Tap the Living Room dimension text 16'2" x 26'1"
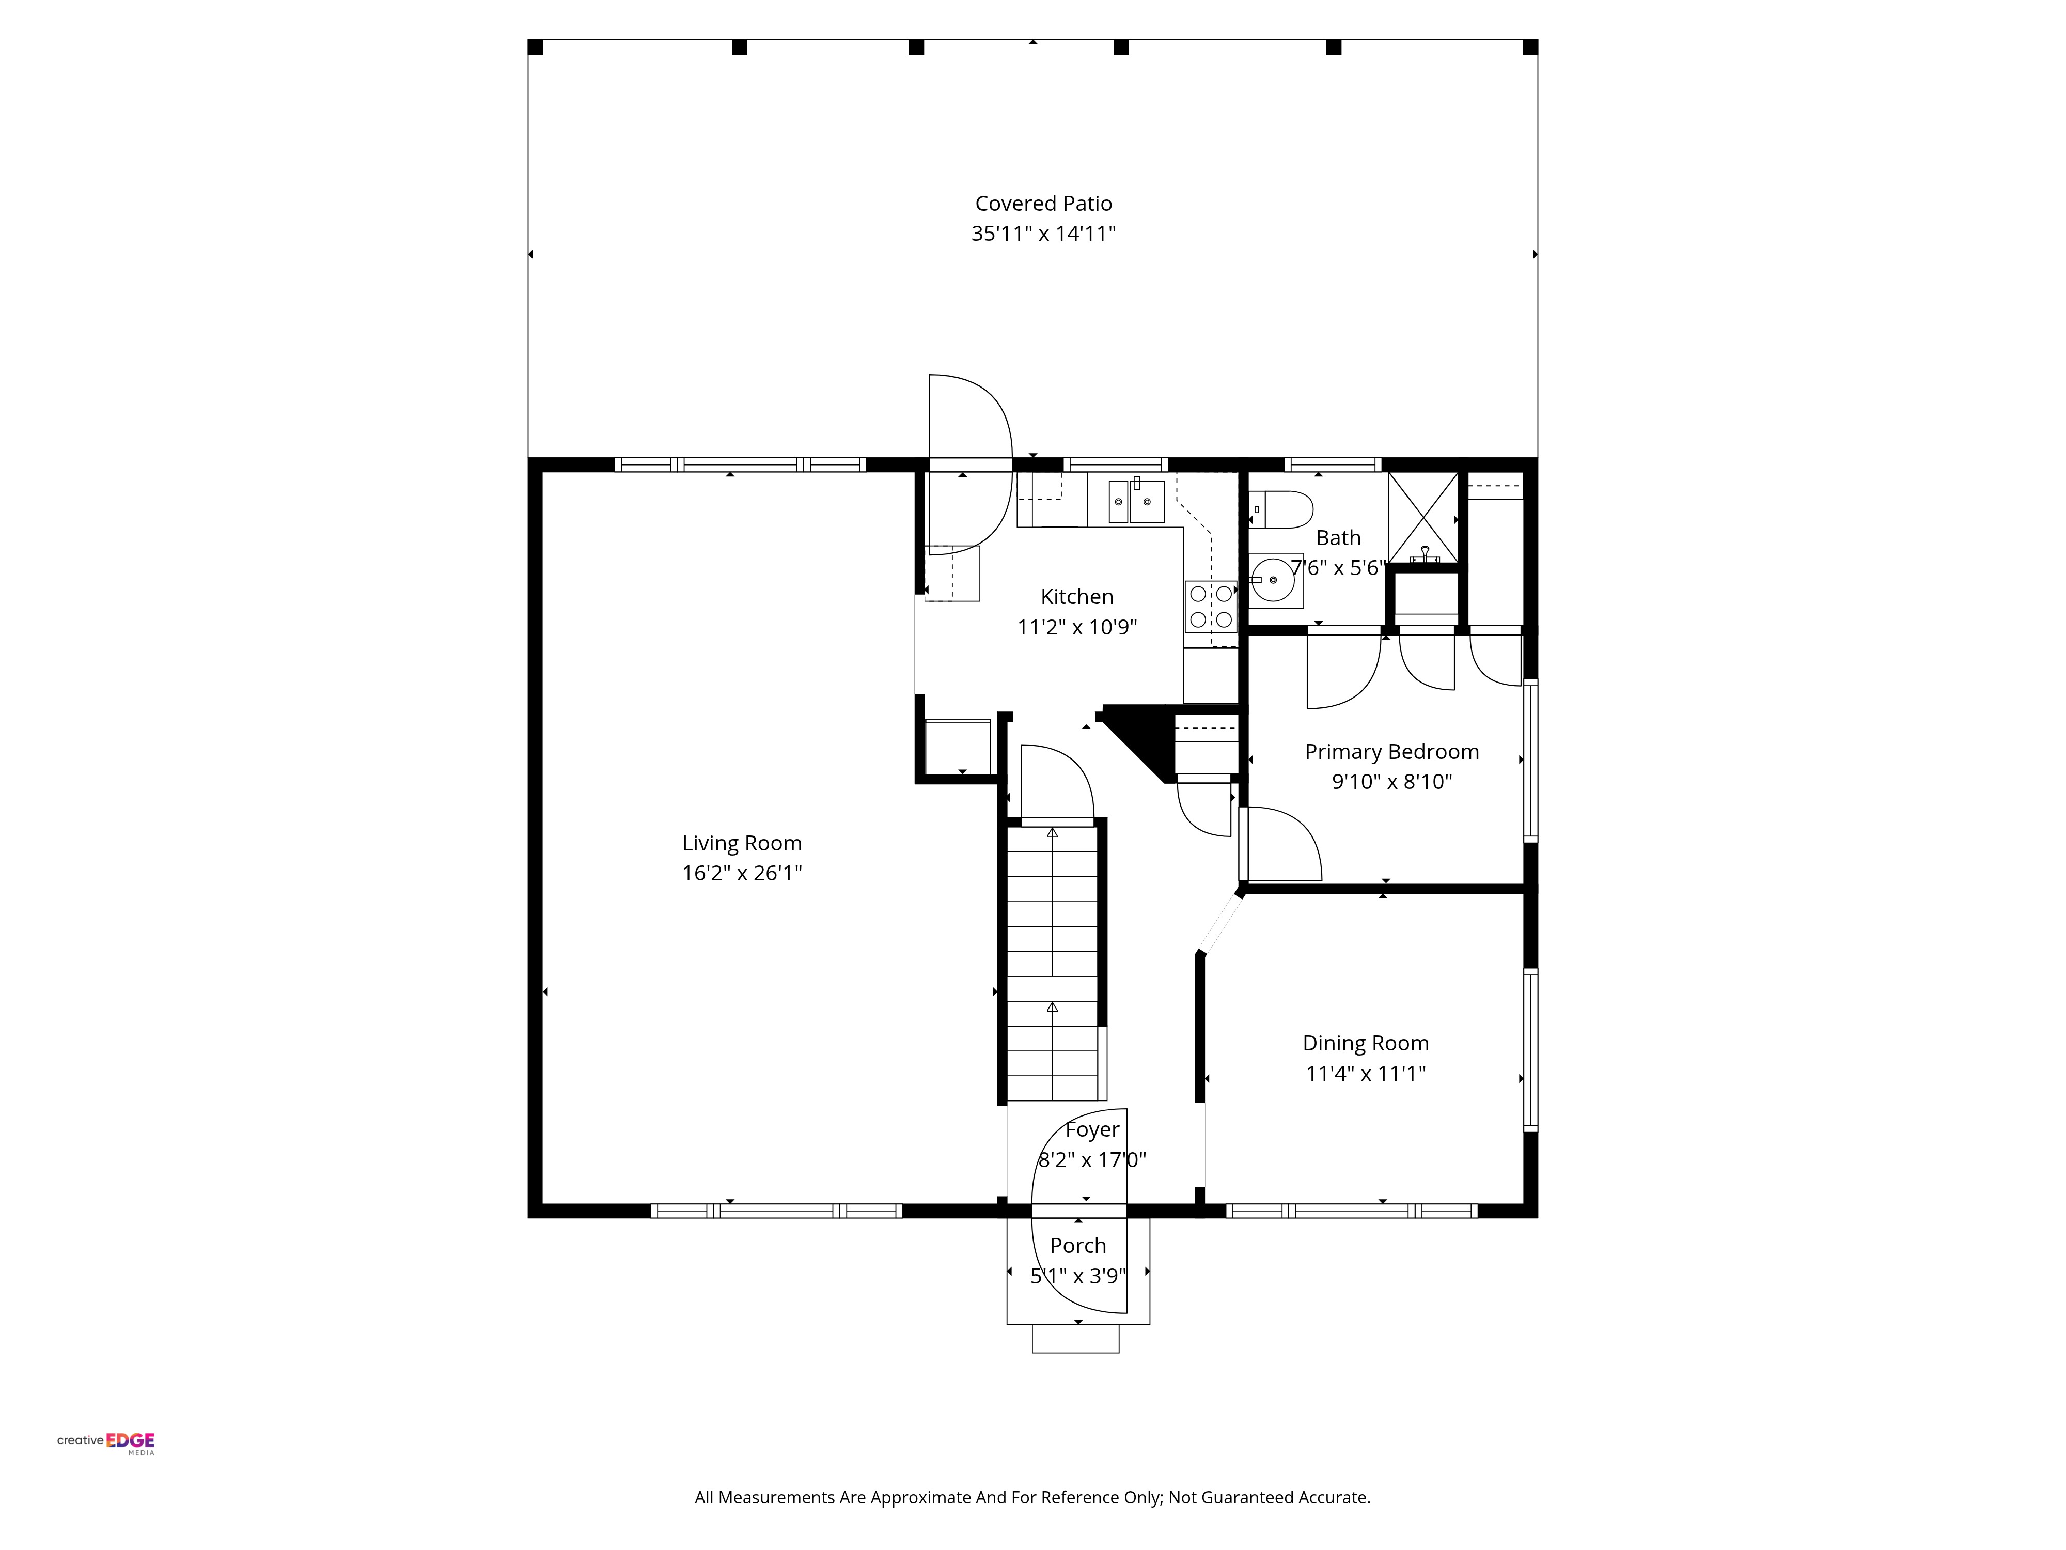pos(742,873)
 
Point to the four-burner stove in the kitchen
pos(1211,607)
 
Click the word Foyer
pos(1092,1129)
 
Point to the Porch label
pos(1078,1245)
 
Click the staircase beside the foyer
pos(1053,963)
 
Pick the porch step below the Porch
pos(1075,1338)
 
